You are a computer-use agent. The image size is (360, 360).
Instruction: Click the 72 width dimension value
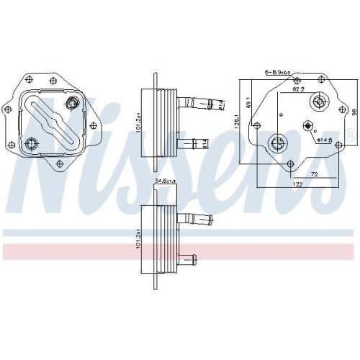point(314,175)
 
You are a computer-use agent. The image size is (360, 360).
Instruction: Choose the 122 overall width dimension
point(297,185)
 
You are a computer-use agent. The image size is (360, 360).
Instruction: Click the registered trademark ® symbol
point(350,135)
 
